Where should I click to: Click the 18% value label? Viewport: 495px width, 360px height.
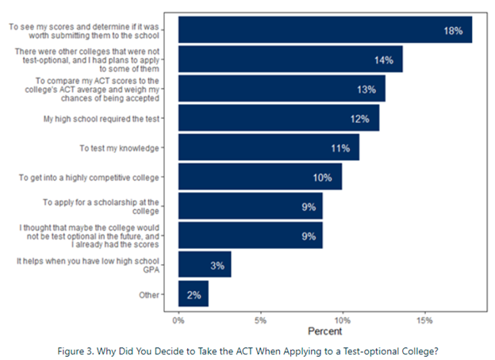tap(453, 31)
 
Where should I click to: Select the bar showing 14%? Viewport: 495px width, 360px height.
tap(290, 59)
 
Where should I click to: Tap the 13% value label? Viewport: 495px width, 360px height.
tap(366, 90)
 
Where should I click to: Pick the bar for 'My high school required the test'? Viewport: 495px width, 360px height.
tap(278, 119)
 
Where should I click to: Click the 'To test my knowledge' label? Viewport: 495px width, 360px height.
tap(120, 148)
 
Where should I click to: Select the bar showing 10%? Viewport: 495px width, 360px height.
tap(259, 177)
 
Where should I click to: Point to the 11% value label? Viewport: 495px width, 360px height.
tap(340, 148)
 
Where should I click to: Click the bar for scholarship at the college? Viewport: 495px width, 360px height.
tap(250, 206)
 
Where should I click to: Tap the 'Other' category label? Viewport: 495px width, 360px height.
tap(148, 294)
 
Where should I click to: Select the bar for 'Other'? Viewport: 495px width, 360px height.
tap(193, 294)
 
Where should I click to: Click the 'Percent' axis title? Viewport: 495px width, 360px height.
tap(325, 331)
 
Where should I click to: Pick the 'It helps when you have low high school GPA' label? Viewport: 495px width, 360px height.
tap(119, 265)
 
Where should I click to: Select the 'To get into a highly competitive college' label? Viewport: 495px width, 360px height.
tap(89, 178)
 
